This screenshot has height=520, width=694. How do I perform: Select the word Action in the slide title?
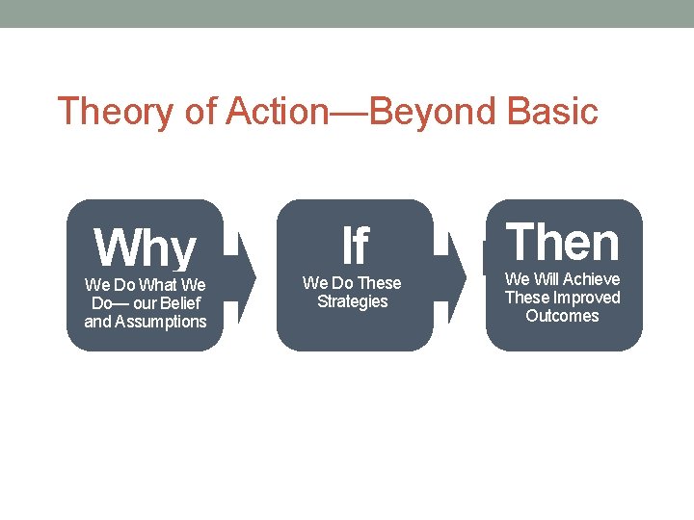point(278,112)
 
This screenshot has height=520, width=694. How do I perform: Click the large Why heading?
point(145,248)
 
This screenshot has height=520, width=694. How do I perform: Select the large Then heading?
point(564,243)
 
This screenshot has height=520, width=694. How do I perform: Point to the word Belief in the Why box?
point(181,303)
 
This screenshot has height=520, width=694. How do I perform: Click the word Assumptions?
point(161,322)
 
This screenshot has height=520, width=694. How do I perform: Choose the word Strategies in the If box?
point(353,301)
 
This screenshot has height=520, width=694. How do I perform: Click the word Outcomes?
point(563,316)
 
